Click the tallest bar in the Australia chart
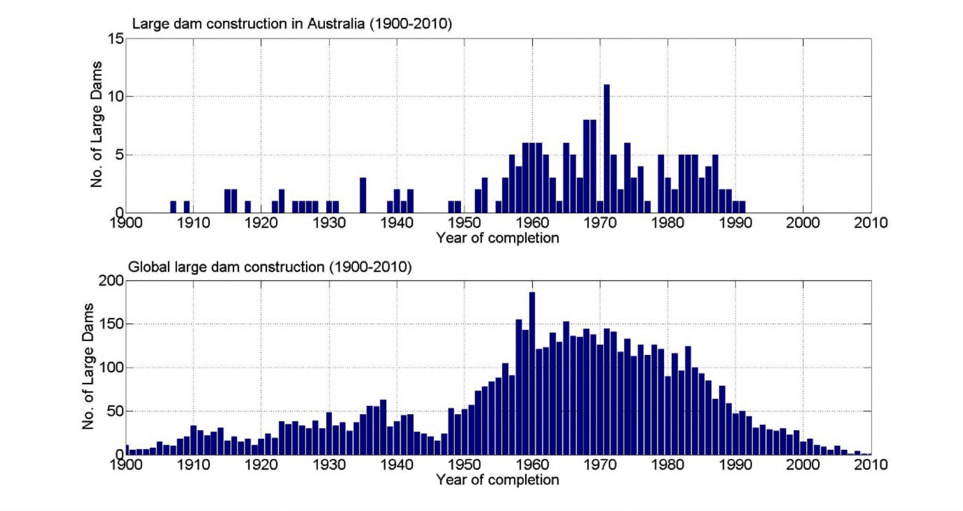click(x=607, y=148)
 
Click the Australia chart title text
click(x=292, y=24)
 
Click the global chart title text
click(x=270, y=267)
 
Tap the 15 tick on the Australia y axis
click(x=116, y=39)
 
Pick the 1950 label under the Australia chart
click(x=464, y=223)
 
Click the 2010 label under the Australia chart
click(x=870, y=223)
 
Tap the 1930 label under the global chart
click(x=329, y=465)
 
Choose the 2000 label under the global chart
click(x=803, y=465)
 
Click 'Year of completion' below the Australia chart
click(x=498, y=238)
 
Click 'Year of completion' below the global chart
click(x=498, y=480)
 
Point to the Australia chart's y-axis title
click(x=96, y=125)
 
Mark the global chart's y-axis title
click(x=88, y=366)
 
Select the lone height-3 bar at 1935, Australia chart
click(x=363, y=195)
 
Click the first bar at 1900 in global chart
click(x=127, y=450)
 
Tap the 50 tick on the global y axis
click(x=116, y=411)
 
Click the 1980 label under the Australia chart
click(x=668, y=223)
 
